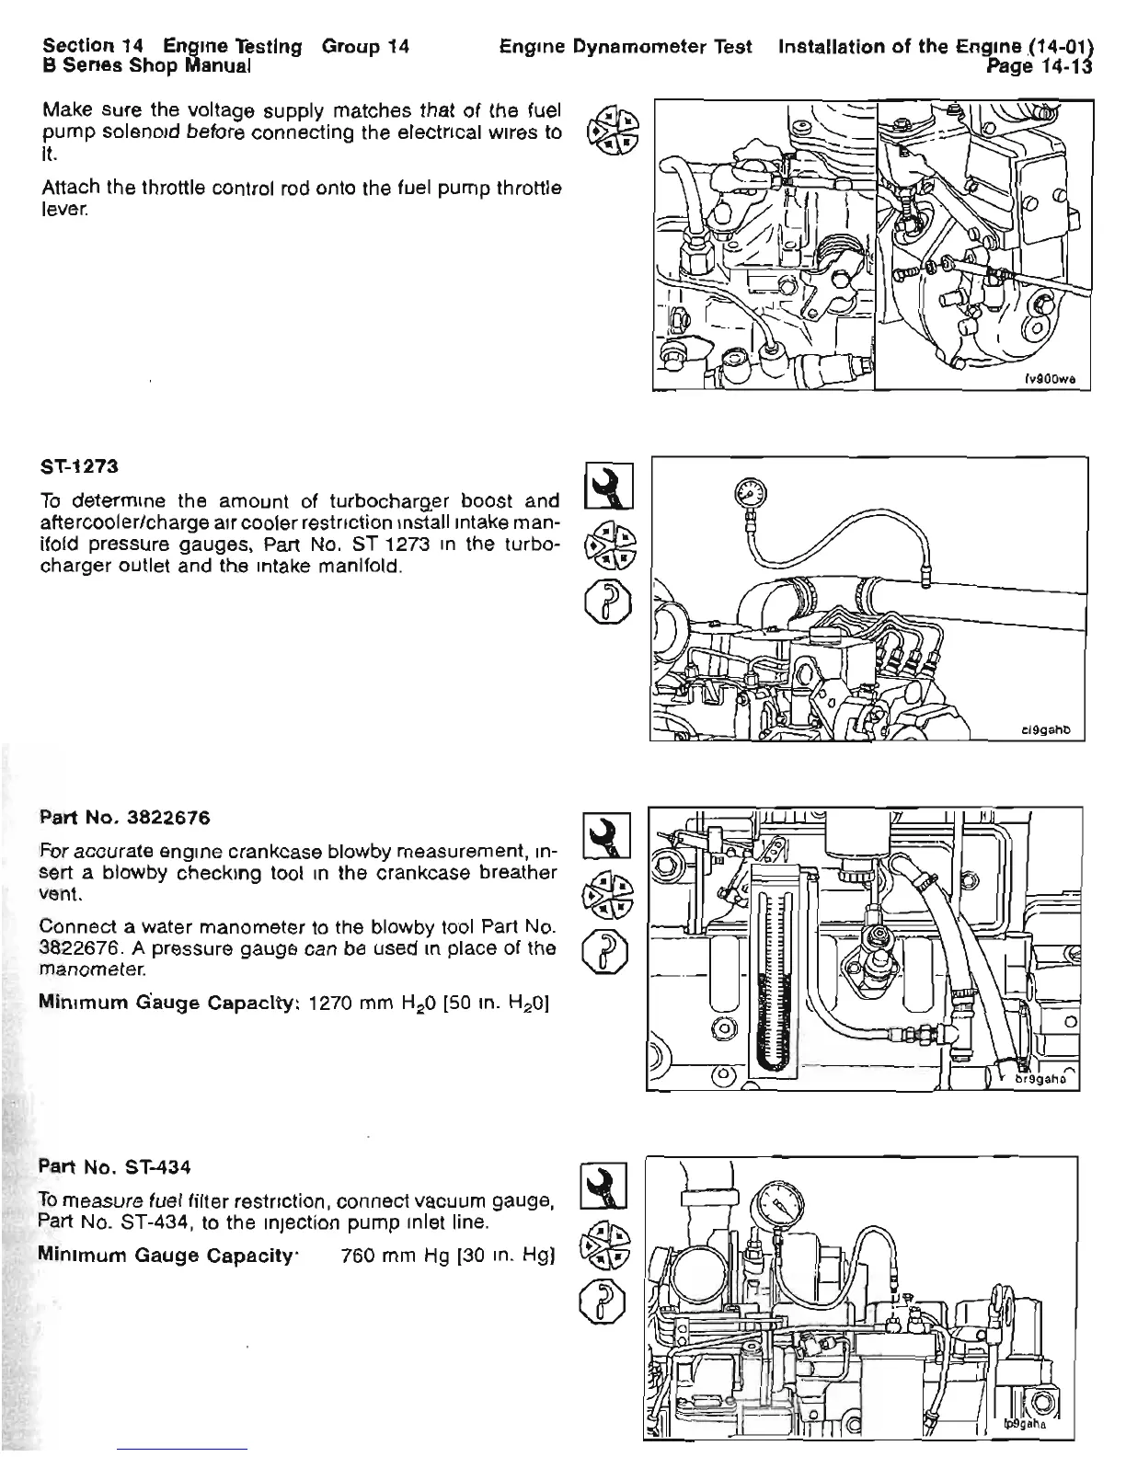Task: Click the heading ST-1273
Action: [80, 465]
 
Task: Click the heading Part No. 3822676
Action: [125, 816]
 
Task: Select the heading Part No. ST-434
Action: [115, 1167]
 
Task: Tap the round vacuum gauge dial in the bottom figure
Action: [779, 1210]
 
